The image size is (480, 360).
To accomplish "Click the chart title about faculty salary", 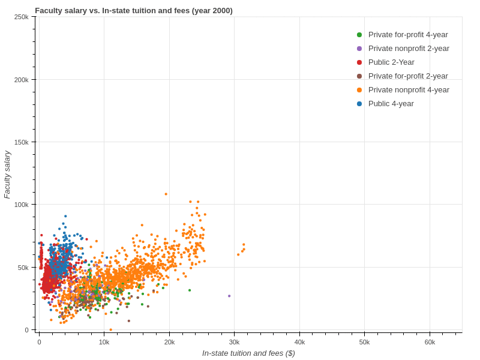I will click(x=134, y=10).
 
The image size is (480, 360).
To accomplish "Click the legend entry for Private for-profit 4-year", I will click(x=408, y=35).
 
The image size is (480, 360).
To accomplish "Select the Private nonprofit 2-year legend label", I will click(x=409, y=49).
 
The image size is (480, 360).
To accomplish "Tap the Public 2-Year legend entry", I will click(x=391, y=62).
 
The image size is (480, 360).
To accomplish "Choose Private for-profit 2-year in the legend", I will click(x=408, y=76).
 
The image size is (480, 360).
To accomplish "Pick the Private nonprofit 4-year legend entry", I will click(x=409, y=90).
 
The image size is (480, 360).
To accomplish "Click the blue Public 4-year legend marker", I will click(x=359, y=104).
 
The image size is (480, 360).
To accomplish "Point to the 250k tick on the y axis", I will click(x=21, y=17).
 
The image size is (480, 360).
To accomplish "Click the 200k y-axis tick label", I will click(x=21, y=80).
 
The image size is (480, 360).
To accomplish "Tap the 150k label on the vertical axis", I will click(x=21, y=142).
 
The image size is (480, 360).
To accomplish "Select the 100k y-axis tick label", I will click(x=21, y=205).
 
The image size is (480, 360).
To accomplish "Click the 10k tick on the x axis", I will click(x=104, y=342).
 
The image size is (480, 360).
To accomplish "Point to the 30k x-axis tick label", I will click(x=234, y=342).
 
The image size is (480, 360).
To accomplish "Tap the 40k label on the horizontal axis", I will click(x=299, y=342).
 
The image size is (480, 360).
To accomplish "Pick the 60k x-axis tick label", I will click(x=430, y=342).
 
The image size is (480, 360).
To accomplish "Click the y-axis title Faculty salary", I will click(x=7, y=174).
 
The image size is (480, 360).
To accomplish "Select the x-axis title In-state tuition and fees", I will click(x=248, y=353).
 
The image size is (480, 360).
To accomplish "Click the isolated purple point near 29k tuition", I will click(x=229, y=296).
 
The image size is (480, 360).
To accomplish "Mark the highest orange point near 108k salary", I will click(x=166, y=194).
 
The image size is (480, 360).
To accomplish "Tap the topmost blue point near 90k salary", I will click(x=65, y=216).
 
